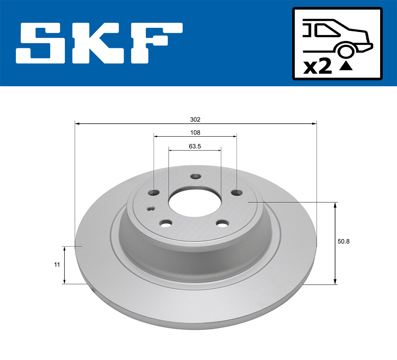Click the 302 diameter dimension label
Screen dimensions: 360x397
pos(195,119)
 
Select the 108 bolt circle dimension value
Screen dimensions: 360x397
pos(195,133)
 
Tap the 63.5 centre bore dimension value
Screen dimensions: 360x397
pos(195,146)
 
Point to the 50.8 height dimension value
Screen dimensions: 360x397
pos(343,241)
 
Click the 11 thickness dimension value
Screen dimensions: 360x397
pos(57,264)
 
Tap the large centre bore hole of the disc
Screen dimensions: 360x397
pos(195,202)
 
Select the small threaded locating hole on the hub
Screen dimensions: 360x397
pos(151,209)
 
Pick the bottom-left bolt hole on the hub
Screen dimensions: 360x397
pos(165,223)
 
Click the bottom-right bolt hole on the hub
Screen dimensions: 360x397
pos(222,224)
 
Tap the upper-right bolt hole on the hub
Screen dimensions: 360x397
pos(236,192)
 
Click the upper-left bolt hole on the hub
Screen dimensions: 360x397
pos(154,192)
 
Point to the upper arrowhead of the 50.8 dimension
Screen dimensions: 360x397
pos(335,205)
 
